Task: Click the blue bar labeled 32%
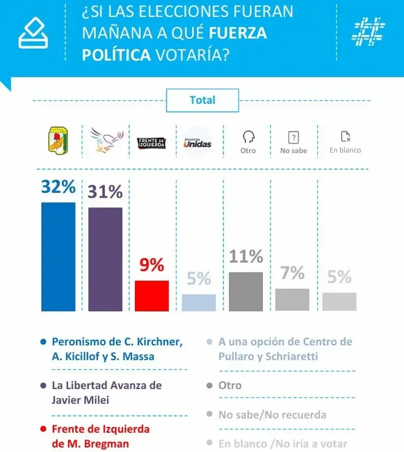[x=58, y=256]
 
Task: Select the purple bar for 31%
[x=105, y=259]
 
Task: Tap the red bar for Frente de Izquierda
[x=152, y=295]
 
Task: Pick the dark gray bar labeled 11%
[x=246, y=291]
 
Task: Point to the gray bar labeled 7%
[x=293, y=299]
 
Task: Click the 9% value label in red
[x=152, y=265]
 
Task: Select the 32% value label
[x=58, y=187]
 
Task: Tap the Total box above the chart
[x=203, y=100]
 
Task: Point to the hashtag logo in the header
[x=368, y=31]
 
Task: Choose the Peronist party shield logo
[x=58, y=140]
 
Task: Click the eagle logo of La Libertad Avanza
[x=106, y=141]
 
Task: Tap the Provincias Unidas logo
[x=197, y=142]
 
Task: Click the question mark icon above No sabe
[x=294, y=137]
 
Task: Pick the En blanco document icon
[x=346, y=136]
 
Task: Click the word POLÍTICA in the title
[x=117, y=54]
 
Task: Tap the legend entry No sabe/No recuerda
[x=272, y=414]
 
